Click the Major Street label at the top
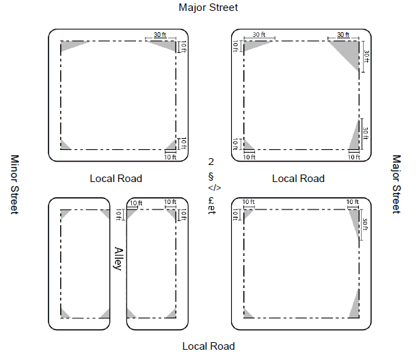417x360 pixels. tap(209, 8)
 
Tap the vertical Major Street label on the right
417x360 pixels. tap(396, 183)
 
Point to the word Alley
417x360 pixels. tap(118, 259)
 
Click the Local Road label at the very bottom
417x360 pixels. tap(209, 346)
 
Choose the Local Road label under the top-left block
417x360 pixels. tap(116, 179)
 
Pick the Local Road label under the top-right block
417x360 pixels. tap(299, 179)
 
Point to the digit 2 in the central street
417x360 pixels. tap(211, 162)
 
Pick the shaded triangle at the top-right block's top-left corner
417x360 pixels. tap(253, 45)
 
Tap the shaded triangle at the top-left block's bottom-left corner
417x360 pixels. tap(64, 145)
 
